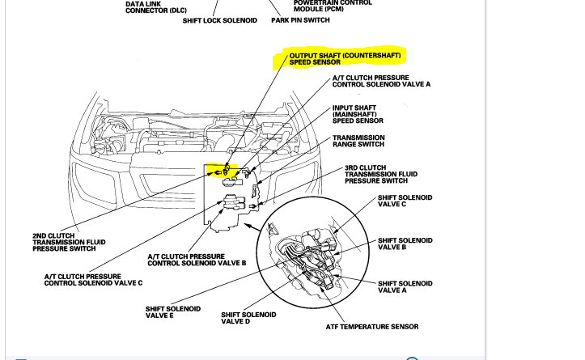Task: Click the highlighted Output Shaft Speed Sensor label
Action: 344,58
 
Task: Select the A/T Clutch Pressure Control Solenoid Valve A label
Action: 381,81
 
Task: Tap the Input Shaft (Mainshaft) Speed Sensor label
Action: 358,114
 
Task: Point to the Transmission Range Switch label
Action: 358,141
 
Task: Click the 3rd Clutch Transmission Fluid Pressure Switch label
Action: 381,174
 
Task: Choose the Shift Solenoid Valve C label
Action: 405,201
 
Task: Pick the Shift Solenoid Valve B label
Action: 405,244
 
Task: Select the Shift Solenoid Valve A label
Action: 405,286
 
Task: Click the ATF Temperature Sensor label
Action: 372,327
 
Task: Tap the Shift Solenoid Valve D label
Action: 248,318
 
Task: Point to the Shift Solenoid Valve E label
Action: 173,312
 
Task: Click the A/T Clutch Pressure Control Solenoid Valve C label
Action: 93,280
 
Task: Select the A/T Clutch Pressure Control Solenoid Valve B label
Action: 197,260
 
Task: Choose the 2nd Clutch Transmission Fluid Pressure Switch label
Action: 69,242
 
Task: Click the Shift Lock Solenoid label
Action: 219,20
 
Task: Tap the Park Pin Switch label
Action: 300,20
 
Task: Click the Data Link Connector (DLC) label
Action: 155,7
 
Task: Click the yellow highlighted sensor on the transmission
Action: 221,171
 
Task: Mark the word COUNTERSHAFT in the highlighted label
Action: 371,55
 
